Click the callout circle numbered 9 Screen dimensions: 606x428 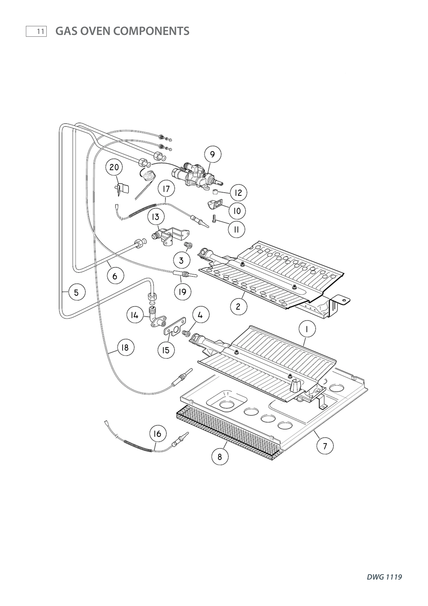tap(212, 154)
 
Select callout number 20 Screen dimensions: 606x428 tap(114, 167)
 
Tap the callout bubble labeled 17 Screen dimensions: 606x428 tap(166, 189)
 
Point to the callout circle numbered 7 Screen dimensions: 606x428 tap(325, 446)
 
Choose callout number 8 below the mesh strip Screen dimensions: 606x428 tap(220, 457)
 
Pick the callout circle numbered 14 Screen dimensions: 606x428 tap(135, 315)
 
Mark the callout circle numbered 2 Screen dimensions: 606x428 tap(238, 306)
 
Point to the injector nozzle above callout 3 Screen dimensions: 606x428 tap(188, 245)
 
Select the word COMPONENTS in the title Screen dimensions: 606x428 tap(151, 31)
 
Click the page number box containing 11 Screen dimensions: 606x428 tap(36, 31)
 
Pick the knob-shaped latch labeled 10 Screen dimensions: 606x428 tap(215, 204)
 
